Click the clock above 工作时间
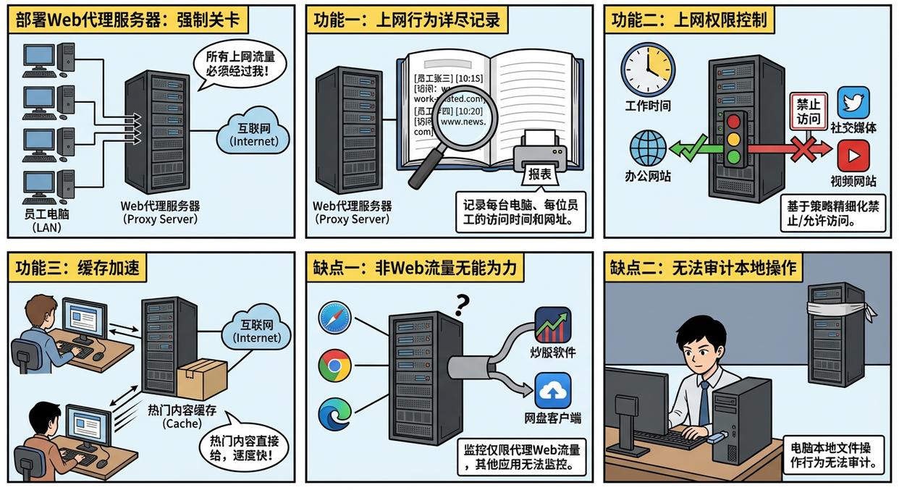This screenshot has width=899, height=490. coord(648,70)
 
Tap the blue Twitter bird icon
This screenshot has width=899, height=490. coord(853,103)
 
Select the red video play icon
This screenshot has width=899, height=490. coord(853,156)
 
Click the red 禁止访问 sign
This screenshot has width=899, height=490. coord(809,111)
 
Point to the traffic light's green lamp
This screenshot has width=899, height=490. coord(734,156)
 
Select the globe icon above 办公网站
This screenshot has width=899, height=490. coord(648,148)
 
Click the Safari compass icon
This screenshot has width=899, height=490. coord(334,318)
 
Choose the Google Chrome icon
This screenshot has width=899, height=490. coord(334,366)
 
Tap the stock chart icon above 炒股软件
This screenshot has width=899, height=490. coord(552,324)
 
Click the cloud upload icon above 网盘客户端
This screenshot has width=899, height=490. coord(552,390)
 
